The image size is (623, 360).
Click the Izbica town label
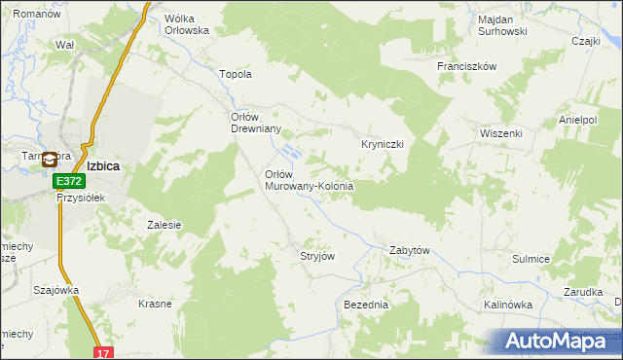point(103,166)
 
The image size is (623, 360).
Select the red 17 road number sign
point(103,352)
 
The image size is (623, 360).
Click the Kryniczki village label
point(376,143)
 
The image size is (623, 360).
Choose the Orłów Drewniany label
point(255,124)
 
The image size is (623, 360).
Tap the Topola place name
point(237,74)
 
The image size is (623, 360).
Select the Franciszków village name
point(467,66)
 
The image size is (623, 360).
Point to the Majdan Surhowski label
point(502,25)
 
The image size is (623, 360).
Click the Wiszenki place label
point(501,133)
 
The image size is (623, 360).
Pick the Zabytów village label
point(410,250)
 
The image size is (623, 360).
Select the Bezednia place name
point(366,305)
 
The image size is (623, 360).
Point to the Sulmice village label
point(531,259)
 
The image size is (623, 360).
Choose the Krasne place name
point(155,304)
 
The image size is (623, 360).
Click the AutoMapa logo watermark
point(559,341)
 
